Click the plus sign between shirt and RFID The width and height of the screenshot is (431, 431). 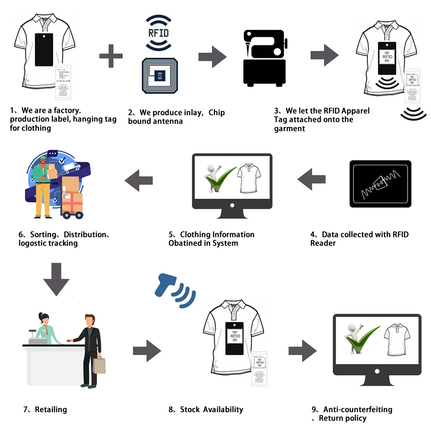click(111, 56)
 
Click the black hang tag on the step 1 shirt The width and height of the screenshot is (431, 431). click(44, 50)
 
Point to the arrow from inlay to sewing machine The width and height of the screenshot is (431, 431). click(212, 56)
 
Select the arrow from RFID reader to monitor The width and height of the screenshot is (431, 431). click(311, 180)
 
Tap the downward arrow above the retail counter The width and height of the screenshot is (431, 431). click(56, 279)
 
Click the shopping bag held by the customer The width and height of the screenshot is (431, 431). click(99, 365)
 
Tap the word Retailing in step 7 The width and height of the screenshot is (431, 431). click(51, 409)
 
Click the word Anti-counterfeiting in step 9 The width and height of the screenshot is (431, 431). click(358, 409)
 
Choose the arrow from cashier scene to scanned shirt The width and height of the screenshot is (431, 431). click(147, 351)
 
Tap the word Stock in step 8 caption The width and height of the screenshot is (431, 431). click(190, 409)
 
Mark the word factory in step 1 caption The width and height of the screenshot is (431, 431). click(67, 110)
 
